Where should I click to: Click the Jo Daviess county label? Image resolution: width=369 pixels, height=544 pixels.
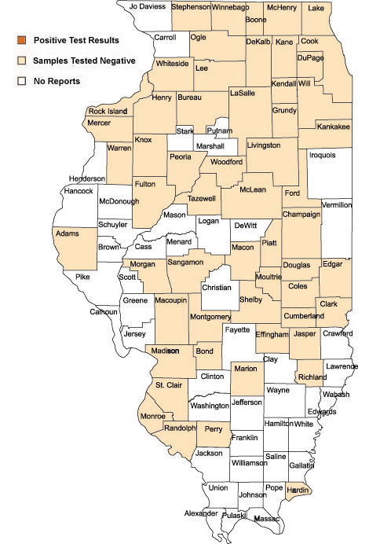pos(147,6)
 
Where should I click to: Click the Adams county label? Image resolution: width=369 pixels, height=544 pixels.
pos(68,233)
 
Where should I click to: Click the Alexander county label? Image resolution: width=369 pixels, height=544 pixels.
pos(201,513)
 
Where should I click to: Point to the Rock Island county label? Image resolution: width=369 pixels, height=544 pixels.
pos(108,112)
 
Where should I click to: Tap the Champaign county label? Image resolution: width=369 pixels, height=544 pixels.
pos(301,213)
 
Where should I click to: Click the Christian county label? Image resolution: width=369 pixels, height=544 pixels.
pos(217,288)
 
